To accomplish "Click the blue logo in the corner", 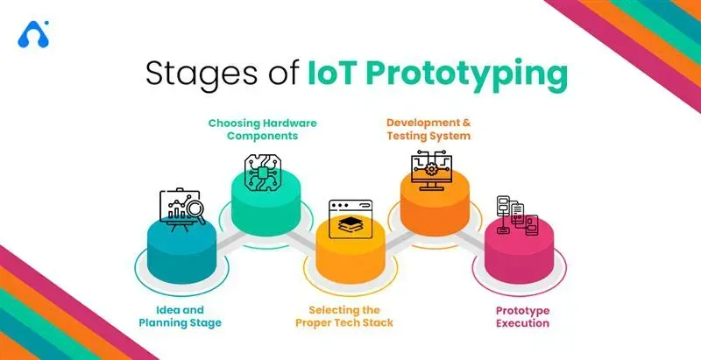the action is click(x=33, y=34).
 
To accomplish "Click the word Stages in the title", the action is click(x=201, y=74).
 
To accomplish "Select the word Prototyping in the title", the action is click(x=467, y=76).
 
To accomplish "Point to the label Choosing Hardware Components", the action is click(x=262, y=129).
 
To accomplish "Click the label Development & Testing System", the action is click(x=428, y=129).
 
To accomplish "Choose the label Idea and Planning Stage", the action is click(x=181, y=316).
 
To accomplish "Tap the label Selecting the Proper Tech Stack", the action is click(x=344, y=316).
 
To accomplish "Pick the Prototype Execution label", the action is click(x=522, y=316).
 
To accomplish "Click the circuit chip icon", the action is click(x=262, y=173).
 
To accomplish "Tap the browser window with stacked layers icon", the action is click(x=350, y=219).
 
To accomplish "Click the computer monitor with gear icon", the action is click(x=431, y=172).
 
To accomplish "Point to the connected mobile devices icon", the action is click(x=517, y=215).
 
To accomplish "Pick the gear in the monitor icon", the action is click(x=431, y=169).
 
